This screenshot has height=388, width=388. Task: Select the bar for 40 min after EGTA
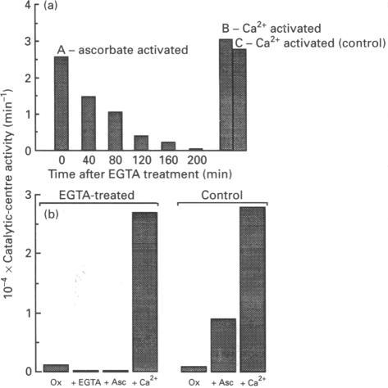coord(89,124)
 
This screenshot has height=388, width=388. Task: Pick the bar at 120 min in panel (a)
coord(141,143)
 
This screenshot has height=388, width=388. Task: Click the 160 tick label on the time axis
coord(167,161)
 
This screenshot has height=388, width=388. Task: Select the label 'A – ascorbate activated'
coord(122,51)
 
